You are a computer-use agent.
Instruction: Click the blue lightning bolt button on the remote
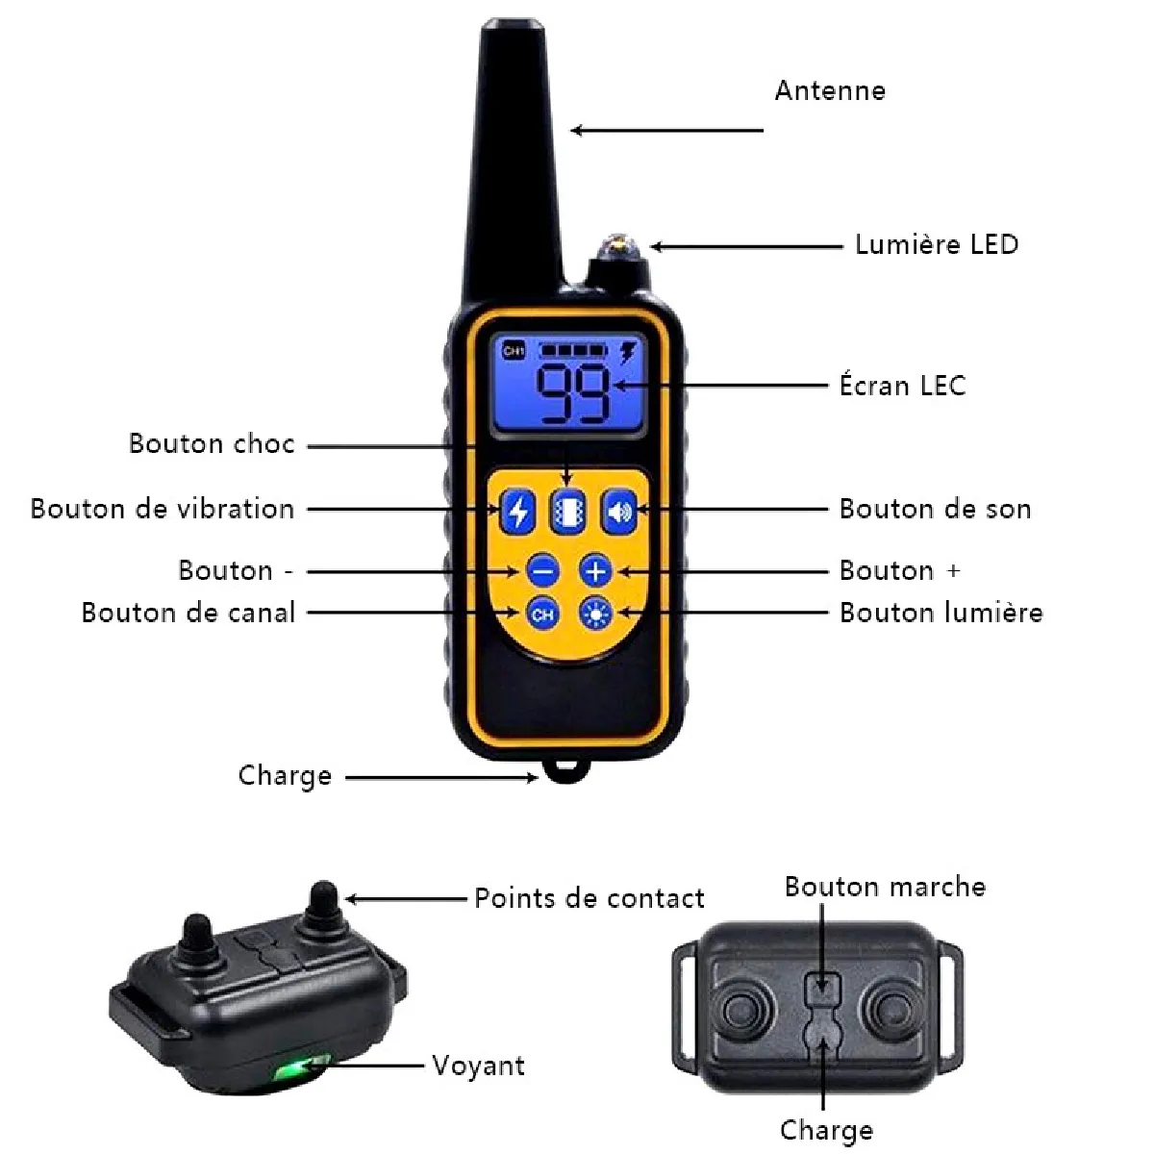click(518, 512)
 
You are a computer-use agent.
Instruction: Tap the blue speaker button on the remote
click(619, 512)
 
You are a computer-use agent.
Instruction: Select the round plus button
click(595, 571)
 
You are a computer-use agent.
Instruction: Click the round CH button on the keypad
click(542, 614)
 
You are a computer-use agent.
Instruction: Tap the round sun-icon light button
click(595, 614)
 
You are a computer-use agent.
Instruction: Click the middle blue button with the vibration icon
click(568, 512)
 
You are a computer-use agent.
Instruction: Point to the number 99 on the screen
click(572, 393)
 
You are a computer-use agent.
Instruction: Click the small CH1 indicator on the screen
click(514, 350)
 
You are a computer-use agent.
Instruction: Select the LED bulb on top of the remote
click(618, 247)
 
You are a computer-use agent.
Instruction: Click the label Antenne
click(830, 91)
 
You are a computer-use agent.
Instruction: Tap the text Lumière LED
click(937, 244)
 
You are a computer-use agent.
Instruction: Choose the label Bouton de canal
click(188, 613)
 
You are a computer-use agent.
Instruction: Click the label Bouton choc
click(212, 443)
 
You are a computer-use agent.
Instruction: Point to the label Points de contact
click(590, 898)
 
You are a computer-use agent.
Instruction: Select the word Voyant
click(479, 1066)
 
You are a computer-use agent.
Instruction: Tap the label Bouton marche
click(885, 887)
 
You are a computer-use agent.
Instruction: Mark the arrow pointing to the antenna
click(666, 130)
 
